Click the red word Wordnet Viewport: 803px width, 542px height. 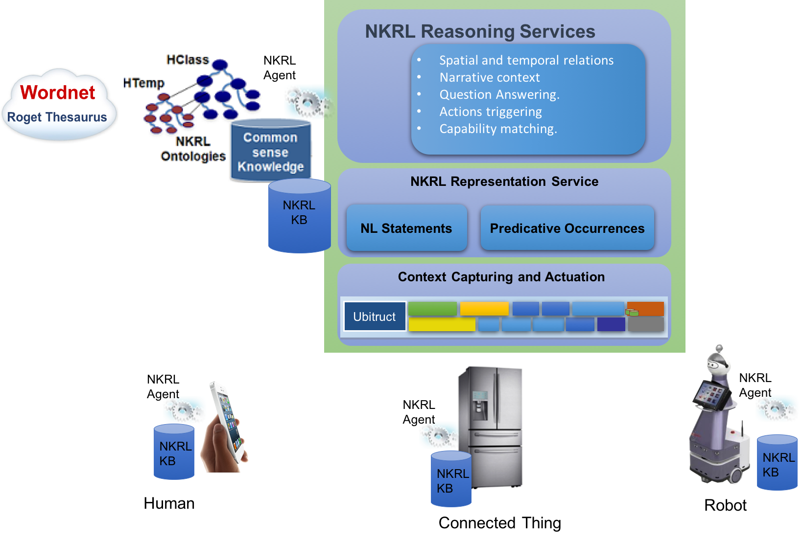coord(58,92)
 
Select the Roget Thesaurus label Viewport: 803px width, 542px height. coord(57,117)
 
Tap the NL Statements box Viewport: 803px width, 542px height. coord(406,228)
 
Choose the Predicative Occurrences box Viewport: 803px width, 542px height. coord(567,228)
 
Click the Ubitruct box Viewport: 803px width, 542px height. coord(375,316)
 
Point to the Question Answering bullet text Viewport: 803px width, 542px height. coord(499,94)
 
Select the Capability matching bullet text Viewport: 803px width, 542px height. coord(498,129)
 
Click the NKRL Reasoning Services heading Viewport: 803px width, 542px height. coord(480,31)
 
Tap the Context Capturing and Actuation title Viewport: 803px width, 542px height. coord(501,277)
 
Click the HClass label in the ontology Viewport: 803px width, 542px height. coord(188,60)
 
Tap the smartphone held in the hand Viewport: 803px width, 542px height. coord(227,421)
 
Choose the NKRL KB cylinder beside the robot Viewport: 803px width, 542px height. coord(777,464)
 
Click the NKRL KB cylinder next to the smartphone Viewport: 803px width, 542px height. coord(174,452)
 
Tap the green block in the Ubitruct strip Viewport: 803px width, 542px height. coord(432,309)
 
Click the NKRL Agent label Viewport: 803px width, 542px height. coord(280,68)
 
